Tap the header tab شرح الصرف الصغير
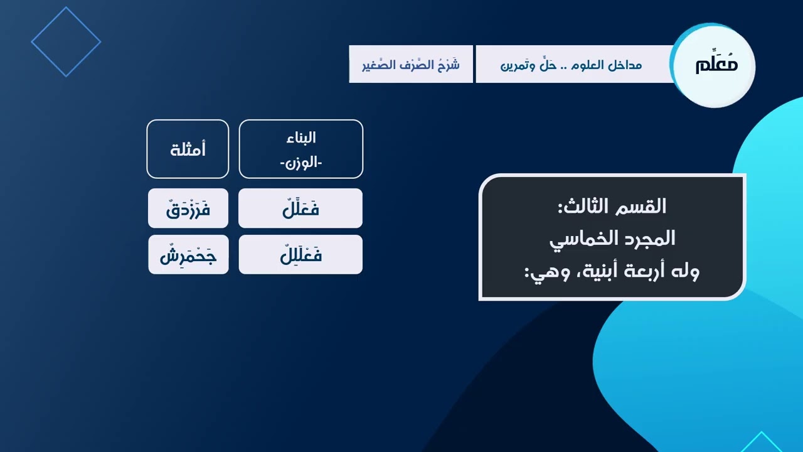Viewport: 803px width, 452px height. coord(411,65)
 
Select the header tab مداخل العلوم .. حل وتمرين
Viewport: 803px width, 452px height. coord(571,65)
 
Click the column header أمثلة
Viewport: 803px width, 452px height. coord(188,149)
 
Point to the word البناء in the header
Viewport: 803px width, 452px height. coord(300,137)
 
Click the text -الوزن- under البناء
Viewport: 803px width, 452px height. coord(300,163)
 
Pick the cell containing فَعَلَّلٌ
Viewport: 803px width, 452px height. coord(300,208)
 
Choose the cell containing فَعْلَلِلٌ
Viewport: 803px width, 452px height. coord(300,255)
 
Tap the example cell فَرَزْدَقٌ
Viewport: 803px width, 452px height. coord(188,208)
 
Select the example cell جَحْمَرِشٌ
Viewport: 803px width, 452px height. coord(188,255)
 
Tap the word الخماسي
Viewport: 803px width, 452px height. coord(581,239)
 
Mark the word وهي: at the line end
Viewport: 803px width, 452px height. coord(543,271)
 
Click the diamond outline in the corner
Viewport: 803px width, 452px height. coord(66,42)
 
